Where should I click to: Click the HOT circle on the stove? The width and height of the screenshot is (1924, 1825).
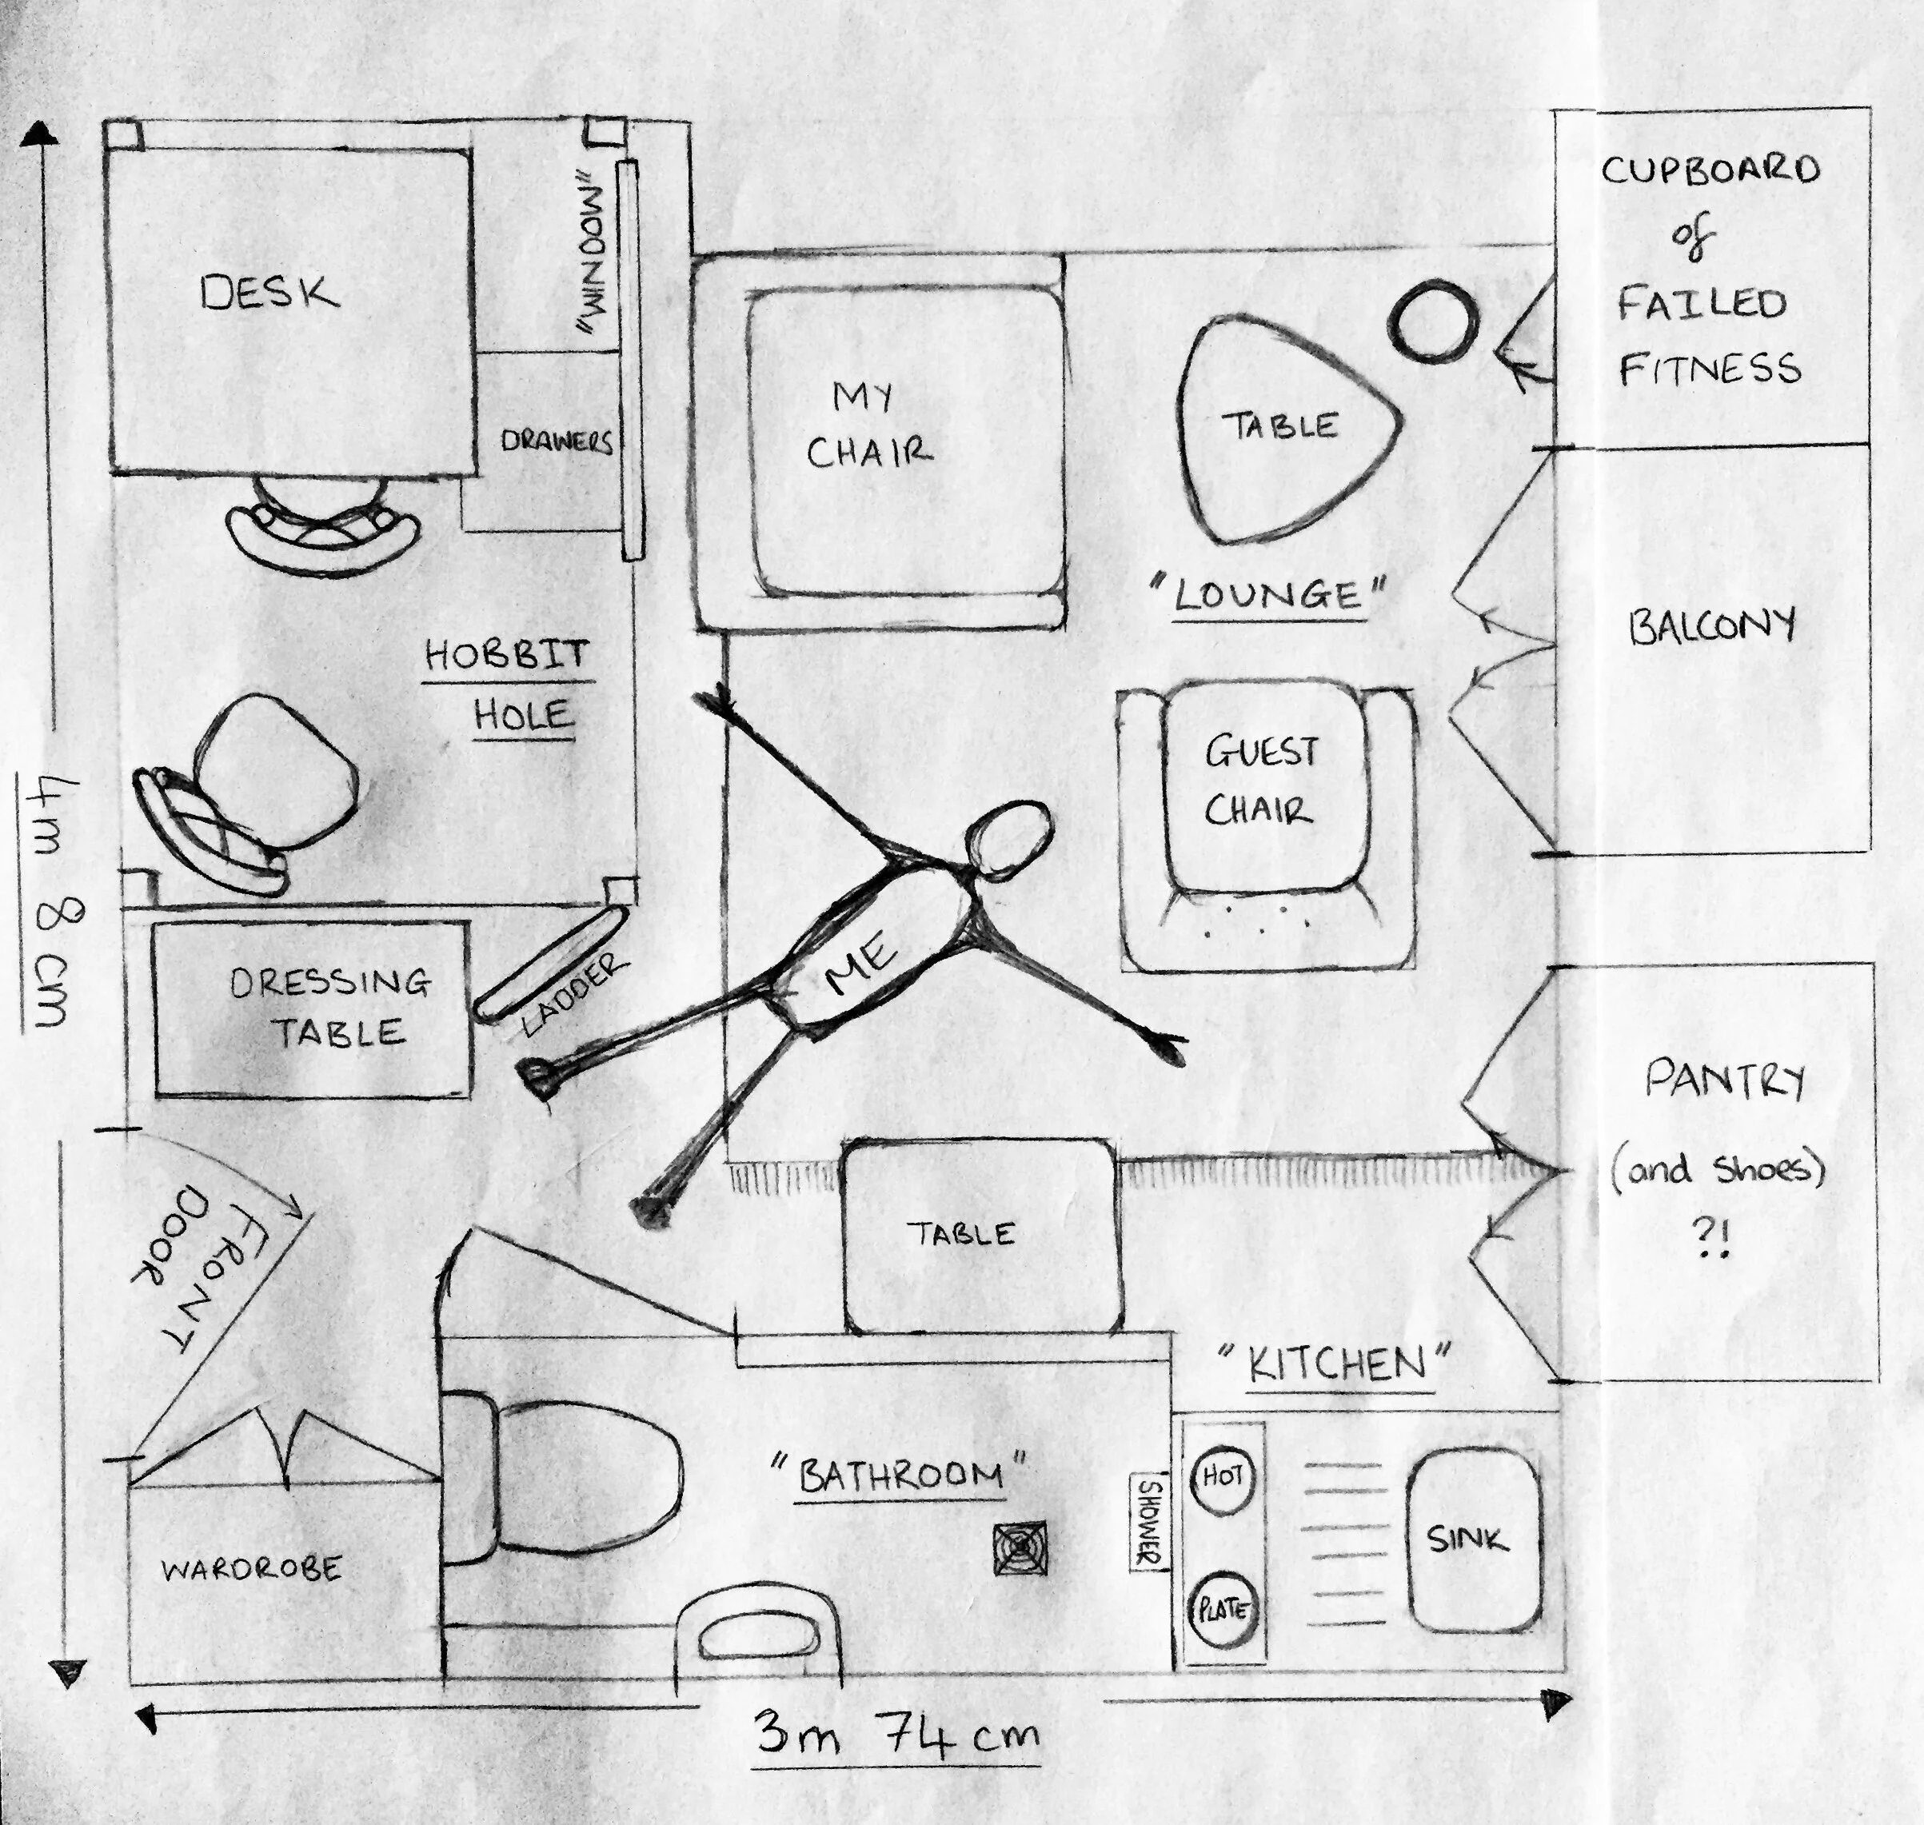(x=1223, y=1478)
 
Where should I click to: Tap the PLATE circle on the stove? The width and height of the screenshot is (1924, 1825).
(x=1222, y=1610)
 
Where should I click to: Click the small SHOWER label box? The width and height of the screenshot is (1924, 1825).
(x=1149, y=1523)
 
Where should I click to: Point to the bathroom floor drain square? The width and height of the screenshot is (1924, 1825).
(x=1020, y=1547)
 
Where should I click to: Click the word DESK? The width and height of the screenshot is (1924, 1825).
(x=269, y=293)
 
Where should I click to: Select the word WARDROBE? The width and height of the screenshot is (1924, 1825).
(x=251, y=1569)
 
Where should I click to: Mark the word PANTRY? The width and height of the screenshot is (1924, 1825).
(x=1723, y=1080)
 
